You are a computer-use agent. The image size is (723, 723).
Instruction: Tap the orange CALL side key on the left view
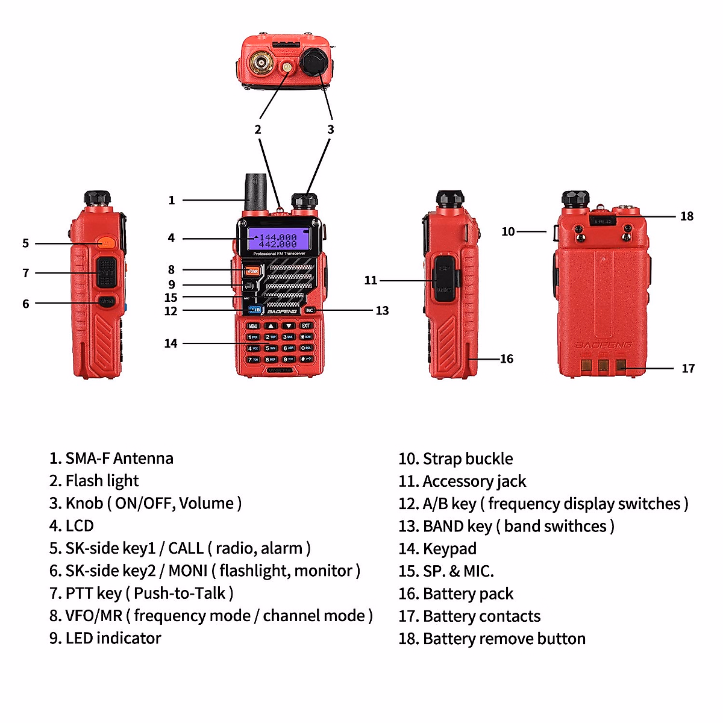106,243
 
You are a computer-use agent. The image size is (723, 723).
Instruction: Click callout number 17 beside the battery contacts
688,368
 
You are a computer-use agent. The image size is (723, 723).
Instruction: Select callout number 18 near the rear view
687,216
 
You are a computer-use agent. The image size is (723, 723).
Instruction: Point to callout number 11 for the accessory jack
371,280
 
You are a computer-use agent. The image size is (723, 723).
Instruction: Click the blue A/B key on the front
254,310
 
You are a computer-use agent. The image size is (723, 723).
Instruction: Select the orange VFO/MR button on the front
251,271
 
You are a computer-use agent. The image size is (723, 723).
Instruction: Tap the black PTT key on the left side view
107,272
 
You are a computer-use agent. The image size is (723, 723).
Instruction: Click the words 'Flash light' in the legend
102,481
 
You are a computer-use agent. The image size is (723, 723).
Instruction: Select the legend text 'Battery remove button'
504,639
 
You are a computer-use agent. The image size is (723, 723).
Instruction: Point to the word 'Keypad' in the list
449,549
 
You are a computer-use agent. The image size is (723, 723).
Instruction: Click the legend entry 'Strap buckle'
468,459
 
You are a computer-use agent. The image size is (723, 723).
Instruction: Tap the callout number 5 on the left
26,243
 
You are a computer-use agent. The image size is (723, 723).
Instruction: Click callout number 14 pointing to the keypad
171,343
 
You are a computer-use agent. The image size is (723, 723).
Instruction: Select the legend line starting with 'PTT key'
141,593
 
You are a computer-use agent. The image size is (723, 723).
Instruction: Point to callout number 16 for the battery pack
507,359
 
